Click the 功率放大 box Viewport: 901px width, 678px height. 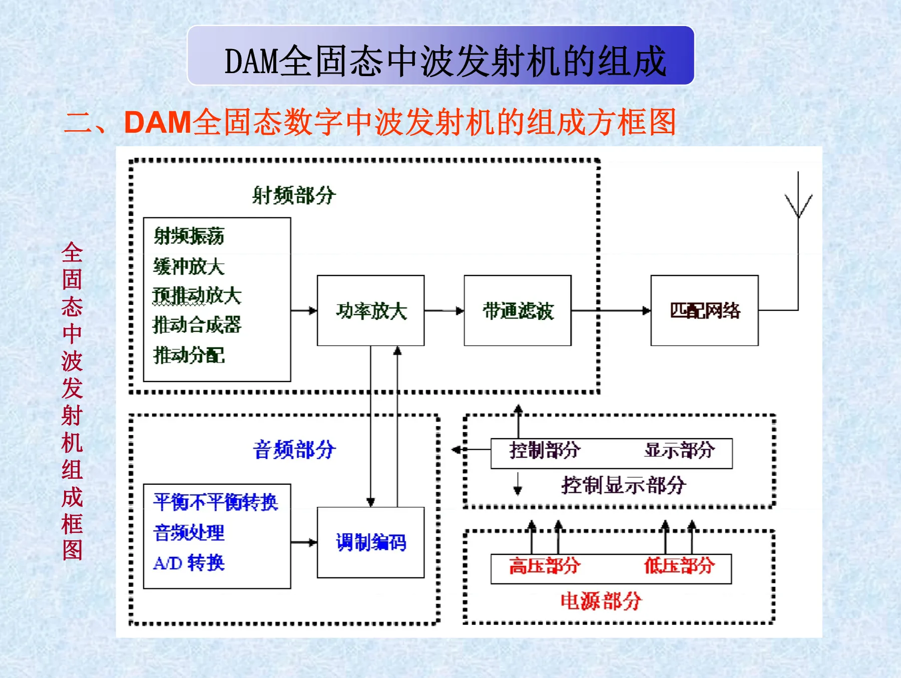pyautogui.click(x=371, y=310)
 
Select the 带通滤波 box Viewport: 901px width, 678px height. pyautogui.click(x=518, y=310)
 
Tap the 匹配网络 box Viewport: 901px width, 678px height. pyautogui.click(x=704, y=310)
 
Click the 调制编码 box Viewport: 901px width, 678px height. pyautogui.click(x=371, y=542)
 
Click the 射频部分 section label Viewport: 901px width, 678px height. pyautogui.click(x=294, y=195)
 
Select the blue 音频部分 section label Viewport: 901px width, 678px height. pyautogui.click(x=294, y=449)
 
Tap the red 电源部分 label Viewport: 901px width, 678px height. pyautogui.click(x=601, y=600)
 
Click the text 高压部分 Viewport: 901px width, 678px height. pyautogui.click(x=545, y=566)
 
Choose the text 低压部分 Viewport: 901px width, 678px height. pyautogui.click(x=679, y=566)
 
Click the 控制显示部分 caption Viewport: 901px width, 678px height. pyautogui.click(x=623, y=485)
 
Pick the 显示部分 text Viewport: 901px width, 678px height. pyautogui.click(x=679, y=450)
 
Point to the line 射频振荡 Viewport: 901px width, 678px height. pyautogui.click(x=189, y=236)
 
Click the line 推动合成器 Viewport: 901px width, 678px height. pyautogui.click(x=197, y=325)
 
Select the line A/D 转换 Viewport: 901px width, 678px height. pyautogui.click(x=189, y=563)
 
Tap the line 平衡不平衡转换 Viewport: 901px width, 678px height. pyautogui.click(x=216, y=502)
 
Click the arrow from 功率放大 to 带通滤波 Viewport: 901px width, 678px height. pyautogui.click(x=444, y=310)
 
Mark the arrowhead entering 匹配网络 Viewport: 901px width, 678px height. pyautogui.click(x=647, y=310)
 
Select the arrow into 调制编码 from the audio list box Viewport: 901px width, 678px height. pyautogui.click(x=304, y=542)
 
